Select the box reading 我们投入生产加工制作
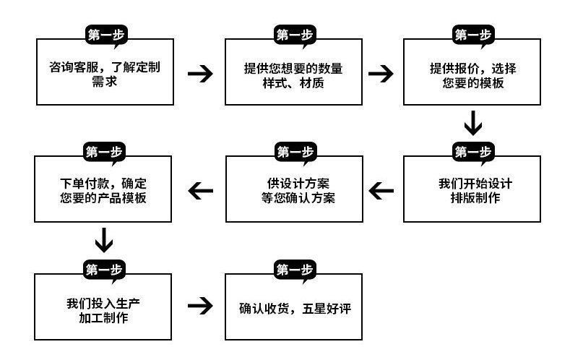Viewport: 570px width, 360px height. [105, 307]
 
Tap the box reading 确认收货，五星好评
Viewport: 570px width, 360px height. [293, 307]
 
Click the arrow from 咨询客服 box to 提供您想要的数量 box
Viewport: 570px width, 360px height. [200, 74]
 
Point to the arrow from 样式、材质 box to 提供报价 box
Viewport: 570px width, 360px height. [380, 74]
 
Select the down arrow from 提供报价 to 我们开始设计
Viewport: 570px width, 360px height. [472, 122]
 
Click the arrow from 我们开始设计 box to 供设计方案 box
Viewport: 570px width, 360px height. [381, 190]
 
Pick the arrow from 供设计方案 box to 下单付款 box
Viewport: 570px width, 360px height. [200, 190]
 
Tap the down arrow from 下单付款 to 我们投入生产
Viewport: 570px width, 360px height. [104, 239]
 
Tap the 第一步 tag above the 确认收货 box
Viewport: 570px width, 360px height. [294, 270]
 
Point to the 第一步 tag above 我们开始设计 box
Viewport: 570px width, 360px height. [472, 151]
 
